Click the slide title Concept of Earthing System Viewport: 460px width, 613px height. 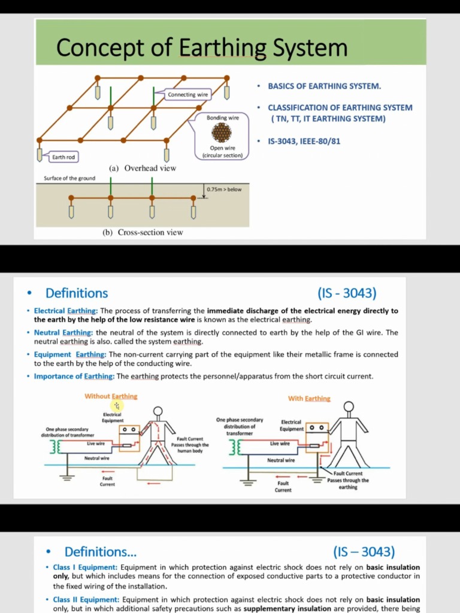[201, 47]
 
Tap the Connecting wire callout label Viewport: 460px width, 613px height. [188, 95]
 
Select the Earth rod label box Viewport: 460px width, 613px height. [63, 157]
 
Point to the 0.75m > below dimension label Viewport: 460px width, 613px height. [224, 189]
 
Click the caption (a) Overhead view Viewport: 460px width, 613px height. [143, 168]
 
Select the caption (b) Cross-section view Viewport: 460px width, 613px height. [143, 232]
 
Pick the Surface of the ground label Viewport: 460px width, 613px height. [69, 178]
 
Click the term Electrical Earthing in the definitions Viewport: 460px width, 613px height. [65, 311]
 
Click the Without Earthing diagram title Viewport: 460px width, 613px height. [111, 396]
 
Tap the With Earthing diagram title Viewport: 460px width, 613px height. [309, 399]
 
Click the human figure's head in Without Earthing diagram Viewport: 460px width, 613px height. [158, 411]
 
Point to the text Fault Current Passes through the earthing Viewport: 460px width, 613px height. [348, 480]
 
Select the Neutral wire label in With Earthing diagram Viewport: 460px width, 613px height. [281, 460]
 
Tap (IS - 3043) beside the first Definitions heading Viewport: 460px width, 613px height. [347, 293]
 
